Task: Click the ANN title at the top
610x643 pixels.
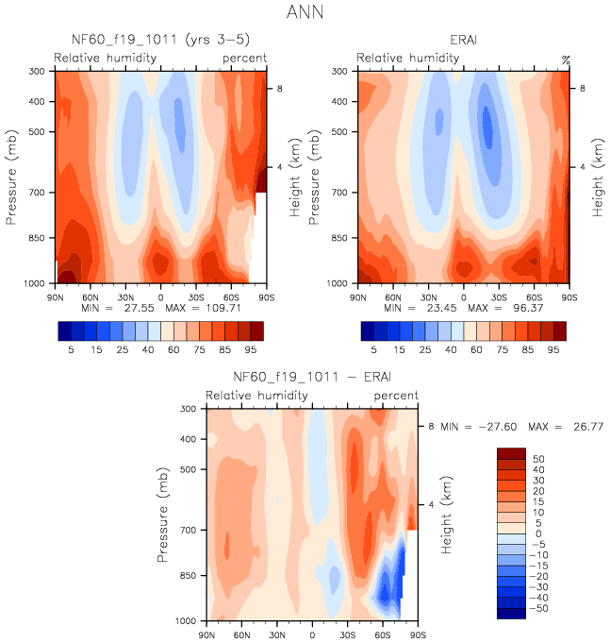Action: click(x=305, y=13)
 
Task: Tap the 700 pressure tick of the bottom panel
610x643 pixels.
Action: click(x=187, y=531)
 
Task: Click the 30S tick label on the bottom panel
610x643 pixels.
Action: click(x=348, y=634)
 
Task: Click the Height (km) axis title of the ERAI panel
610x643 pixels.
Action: click(x=598, y=177)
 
